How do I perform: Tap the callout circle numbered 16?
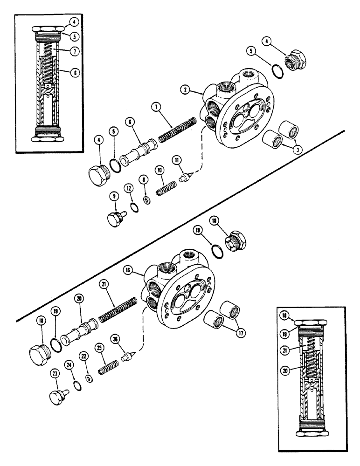(142, 270)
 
